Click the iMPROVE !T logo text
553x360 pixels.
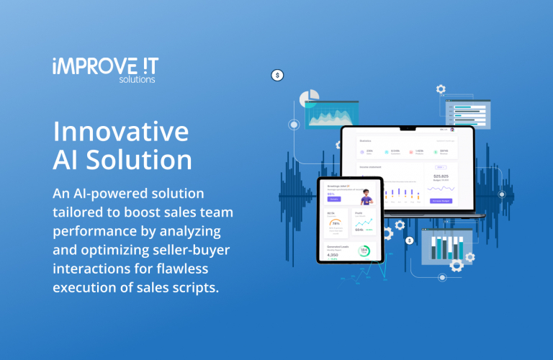click(x=104, y=67)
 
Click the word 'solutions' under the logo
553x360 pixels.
click(x=137, y=80)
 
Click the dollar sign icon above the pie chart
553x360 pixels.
click(x=277, y=74)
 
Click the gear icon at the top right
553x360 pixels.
click(x=441, y=89)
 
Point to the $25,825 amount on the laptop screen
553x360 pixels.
click(x=441, y=176)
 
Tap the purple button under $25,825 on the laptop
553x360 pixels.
click(x=440, y=201)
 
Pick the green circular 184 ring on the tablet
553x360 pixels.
click(x=364, y=251)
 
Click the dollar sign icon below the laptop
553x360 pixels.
click(x=409, y=240)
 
